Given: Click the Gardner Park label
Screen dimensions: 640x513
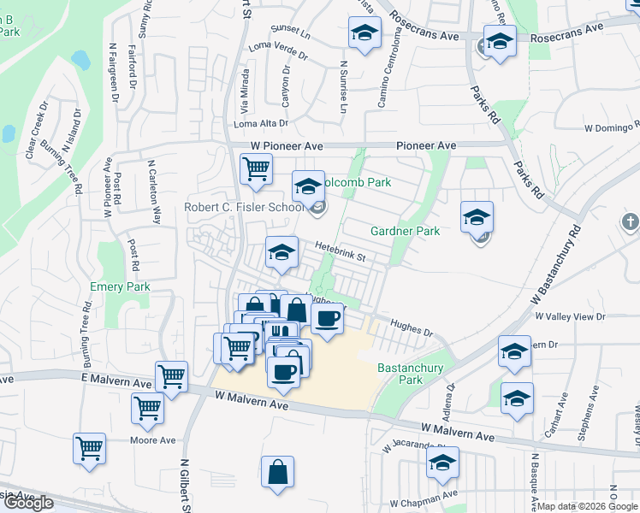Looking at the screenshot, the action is [x=405, y=231].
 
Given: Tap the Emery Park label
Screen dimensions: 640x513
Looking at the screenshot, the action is [x=121, y=287].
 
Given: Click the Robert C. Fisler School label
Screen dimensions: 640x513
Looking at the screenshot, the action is [x=245, y=207].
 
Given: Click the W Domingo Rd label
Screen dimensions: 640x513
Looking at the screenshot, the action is [x=611, y=127].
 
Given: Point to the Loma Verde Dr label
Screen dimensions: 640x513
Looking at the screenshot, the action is [x=276, y=52].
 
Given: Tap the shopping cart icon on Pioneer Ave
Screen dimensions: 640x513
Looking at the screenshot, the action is [x=256, y=169].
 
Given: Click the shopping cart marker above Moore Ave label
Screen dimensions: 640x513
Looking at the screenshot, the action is [x=147, y=409].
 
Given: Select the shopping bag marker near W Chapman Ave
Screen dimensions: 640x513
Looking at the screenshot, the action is [x=278, y=472].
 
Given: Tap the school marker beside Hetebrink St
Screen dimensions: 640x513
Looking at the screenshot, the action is [x=281, y=251].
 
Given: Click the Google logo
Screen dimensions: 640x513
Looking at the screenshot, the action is [x=28, y=503].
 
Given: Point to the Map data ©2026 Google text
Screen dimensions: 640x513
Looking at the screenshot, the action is [x=585, y=506].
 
